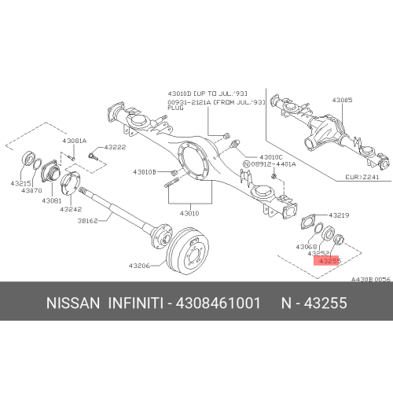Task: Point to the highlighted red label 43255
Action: click(328, 261)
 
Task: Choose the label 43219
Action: click(339, 215)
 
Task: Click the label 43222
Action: click(116, 148)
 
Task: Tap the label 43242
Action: click(72, 209)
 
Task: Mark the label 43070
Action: click(31, 191)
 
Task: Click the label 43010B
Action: click(145, 171)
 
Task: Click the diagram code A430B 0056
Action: click(369, 280)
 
